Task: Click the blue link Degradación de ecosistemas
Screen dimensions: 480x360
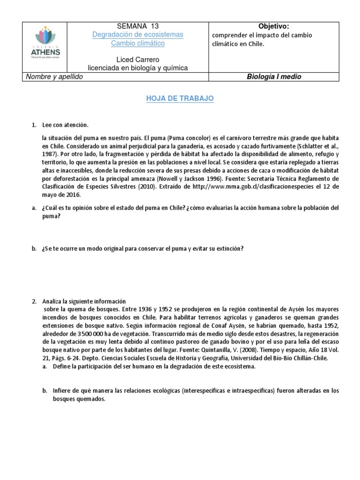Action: [137, 35]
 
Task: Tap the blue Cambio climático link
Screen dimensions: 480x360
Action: [137, 44]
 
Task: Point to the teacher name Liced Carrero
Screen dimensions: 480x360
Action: [137, 60]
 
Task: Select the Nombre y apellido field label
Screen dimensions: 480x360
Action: [54, 77]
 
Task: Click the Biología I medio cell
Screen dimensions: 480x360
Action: [274, 77]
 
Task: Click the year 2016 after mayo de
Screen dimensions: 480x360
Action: [74, 195]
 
